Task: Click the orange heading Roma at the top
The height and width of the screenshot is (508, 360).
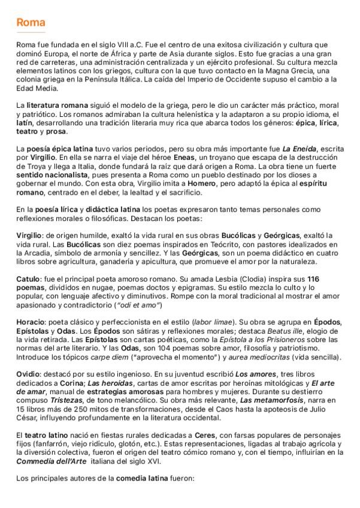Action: tap(31, 23)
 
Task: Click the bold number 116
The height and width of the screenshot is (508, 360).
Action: tap(314, 279)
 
